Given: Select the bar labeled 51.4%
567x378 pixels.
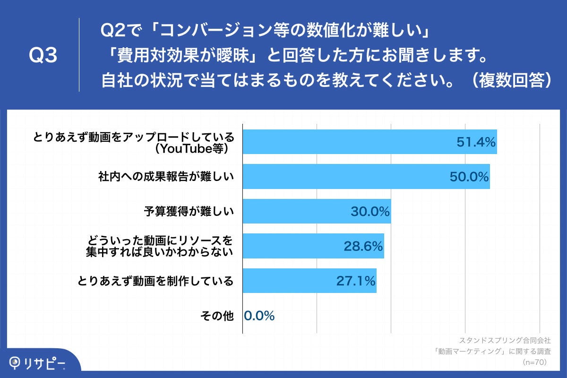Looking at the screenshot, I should (x=369, y=142).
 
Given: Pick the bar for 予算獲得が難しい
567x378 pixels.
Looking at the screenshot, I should (x=317, y=211).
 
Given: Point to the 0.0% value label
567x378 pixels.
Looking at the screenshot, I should (x=259, y=316).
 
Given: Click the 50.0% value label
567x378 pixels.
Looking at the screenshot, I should (x=468, y=177).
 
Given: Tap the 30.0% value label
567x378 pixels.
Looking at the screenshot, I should (x=369, y=211).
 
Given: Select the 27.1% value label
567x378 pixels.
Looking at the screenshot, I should (x=356, y=281).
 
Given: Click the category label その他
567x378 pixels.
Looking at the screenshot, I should (x=217, y=316).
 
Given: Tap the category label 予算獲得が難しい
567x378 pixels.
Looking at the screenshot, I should (x=189, y=211).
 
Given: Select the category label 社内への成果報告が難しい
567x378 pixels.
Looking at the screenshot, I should (x=165, y=177).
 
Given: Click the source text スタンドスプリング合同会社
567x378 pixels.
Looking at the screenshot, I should (x=505, y=340).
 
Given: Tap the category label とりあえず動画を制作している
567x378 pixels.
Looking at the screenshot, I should (x=155, y=281).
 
